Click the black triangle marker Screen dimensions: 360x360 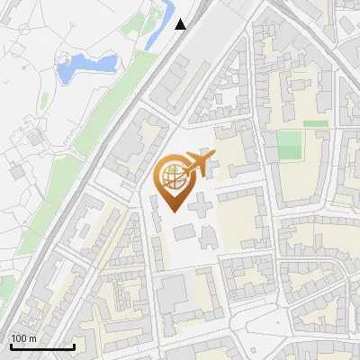click(181, 24)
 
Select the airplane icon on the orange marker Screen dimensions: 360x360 click(199, 165)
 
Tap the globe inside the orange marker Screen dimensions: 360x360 click(172, 177)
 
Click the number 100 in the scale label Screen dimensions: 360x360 click(20, 338)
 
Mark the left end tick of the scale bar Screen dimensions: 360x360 click(11, 346)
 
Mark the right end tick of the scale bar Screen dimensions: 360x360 click(74, 346)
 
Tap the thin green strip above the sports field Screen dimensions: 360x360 click(316, 123)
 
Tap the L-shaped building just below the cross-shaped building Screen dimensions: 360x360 click(208, 237)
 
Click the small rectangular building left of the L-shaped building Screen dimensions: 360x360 click(183, 232)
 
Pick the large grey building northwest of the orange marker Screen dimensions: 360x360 click(136, 140)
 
